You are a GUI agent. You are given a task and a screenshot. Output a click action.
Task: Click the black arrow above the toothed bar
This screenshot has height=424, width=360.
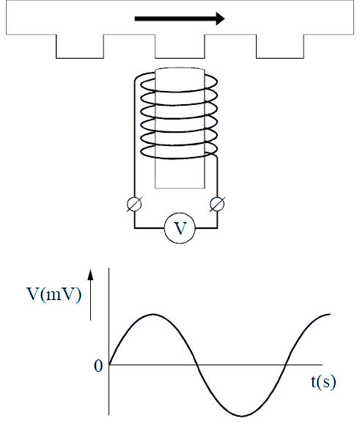[x=180, y=18]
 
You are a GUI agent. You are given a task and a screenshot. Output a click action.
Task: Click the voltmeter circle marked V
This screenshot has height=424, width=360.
[x=180, y=228]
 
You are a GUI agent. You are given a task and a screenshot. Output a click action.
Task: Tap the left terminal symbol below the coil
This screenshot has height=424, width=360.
[x=134, y=204]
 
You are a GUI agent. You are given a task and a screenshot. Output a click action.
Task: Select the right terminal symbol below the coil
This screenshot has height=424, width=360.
[x=217, y=204]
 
